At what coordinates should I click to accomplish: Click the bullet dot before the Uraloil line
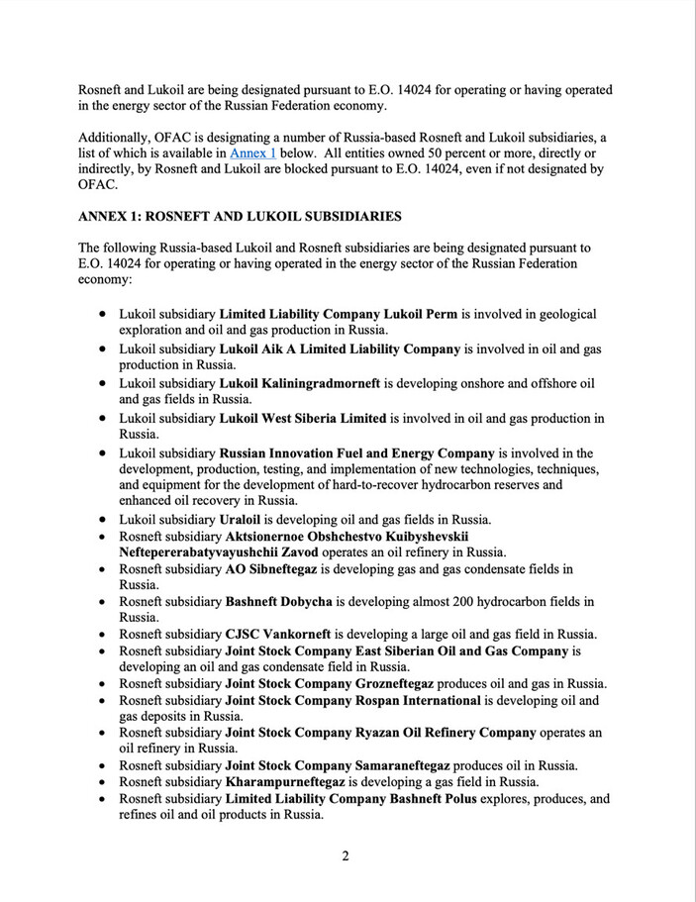pos(104,519)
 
